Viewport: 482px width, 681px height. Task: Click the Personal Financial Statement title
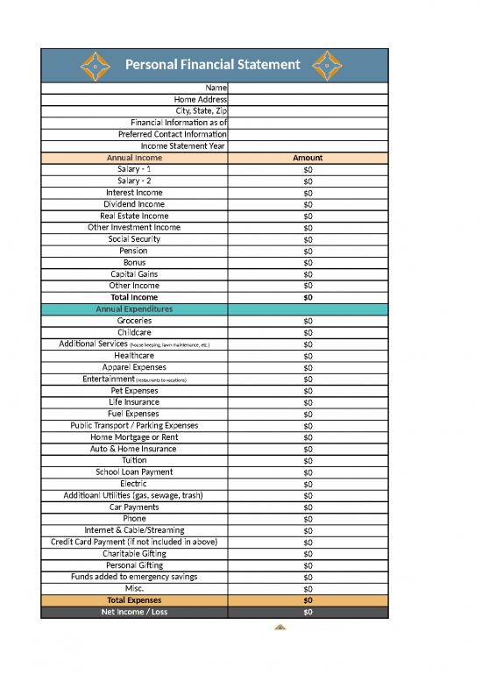pyautogui.click(x=213, y=64)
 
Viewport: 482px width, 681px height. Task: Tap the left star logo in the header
pyautogui.click(x=95, y=65)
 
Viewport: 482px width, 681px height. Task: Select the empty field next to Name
pyautogui.click(x=308, y=88)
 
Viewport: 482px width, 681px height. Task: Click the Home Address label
pyautogui.click(x=201, y=100)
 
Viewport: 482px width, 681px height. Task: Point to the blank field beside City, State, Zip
pyautogui.click(x=308, y=111)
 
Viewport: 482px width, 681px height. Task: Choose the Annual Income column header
pyautogui.click(x=134, y=158)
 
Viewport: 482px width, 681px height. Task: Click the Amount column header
pyautogui.click(x=308, y=158)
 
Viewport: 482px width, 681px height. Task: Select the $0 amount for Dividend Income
pyautogui.click(x=308, y=204)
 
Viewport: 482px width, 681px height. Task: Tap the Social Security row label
pyautogui.click(x=134, y=239)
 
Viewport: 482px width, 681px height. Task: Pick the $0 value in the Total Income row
pyautogui.click(x=308, y=297)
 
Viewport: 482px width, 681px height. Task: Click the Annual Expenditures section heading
pyautogui.click(x=134, y=309)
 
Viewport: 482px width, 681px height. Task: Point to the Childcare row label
pyautogui.click(x=134, y=332)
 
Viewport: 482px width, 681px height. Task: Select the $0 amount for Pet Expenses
pyautogui.click(x=308, y=391)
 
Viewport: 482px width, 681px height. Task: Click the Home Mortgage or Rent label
pyautogui.click(x=134, y=437)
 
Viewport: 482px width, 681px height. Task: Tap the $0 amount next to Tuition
pyautogui.click(x=308, y=461)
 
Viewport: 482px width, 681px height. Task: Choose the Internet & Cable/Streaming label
pyautogui.click(x=134, y=530)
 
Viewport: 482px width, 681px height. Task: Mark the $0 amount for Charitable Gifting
pyautogui.click(x=308, y=554)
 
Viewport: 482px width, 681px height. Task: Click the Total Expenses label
pyautogui.click(x=134, y=600)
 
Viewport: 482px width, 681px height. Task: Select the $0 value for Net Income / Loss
pyautogui.click(x=308, y=612)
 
